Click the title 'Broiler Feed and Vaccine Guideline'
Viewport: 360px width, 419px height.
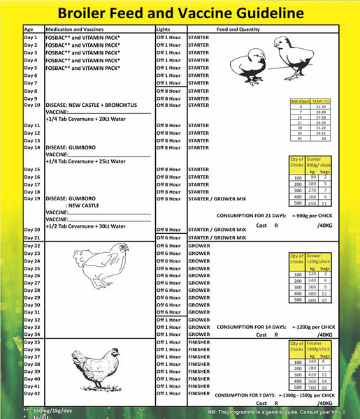click(x=180, y=13)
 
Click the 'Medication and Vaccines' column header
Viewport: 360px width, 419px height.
click(x=74, y=31)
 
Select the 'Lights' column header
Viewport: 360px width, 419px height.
click(x=163, y=31)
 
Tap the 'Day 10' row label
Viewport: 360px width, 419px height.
click(x=32, y=105)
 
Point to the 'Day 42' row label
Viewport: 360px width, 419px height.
click(x=32, y=393)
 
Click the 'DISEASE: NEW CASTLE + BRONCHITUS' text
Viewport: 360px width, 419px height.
click(x=94, y=105)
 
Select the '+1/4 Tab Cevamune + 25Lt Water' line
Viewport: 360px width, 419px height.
click(x=85, y=161)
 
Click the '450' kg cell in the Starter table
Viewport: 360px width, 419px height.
click(x=312, y=203)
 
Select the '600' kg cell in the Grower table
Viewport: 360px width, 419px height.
click(x=312, y=300)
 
